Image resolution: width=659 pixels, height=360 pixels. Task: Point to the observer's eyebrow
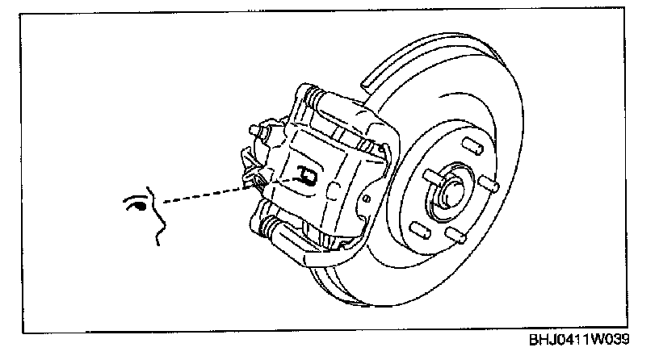tap(135, 194)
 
